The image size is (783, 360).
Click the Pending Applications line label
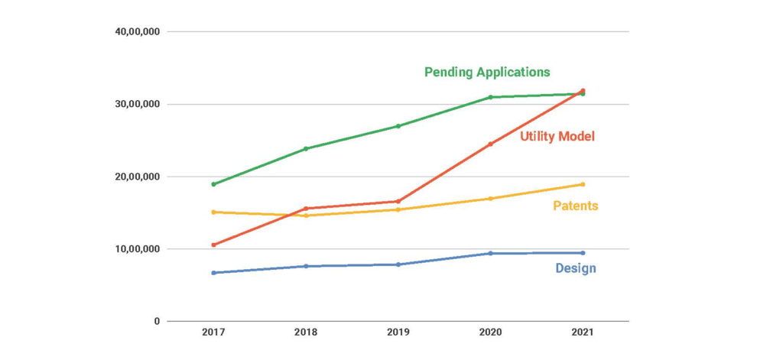(487, 72)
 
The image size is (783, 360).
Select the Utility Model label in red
(557, 137)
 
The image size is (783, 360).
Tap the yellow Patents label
(575, 206)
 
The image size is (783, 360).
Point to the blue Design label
(575, 268)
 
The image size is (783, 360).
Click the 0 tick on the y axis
(157, 321)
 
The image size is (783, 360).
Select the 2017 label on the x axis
(213, 333)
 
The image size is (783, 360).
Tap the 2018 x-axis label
(306, 333)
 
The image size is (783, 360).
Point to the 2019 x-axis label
(398, 333)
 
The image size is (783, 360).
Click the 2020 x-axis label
(490, 333)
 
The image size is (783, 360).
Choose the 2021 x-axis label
(582, 333)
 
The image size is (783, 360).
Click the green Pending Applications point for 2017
(213, 184)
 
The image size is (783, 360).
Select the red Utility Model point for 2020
(490, 144)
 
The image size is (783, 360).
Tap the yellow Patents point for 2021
(583, 184)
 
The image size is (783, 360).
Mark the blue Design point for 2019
(398, 264)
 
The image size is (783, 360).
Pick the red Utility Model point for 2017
(213, 245)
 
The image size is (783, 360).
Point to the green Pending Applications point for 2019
(398, 126)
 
